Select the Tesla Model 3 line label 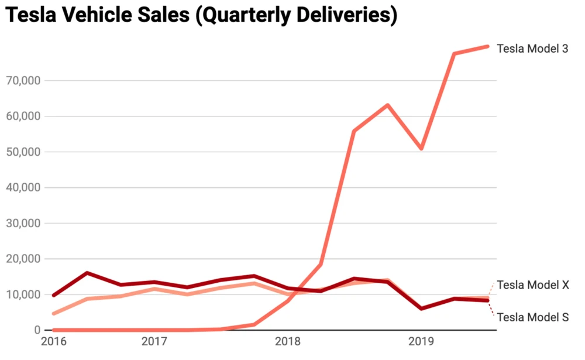point(532,49)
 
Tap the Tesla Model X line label point(533,285)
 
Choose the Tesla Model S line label point(533,317)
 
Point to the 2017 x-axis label point(154,341)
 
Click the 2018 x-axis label point(287,341)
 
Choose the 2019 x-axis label point(420,341)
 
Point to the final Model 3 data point point(487,47)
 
